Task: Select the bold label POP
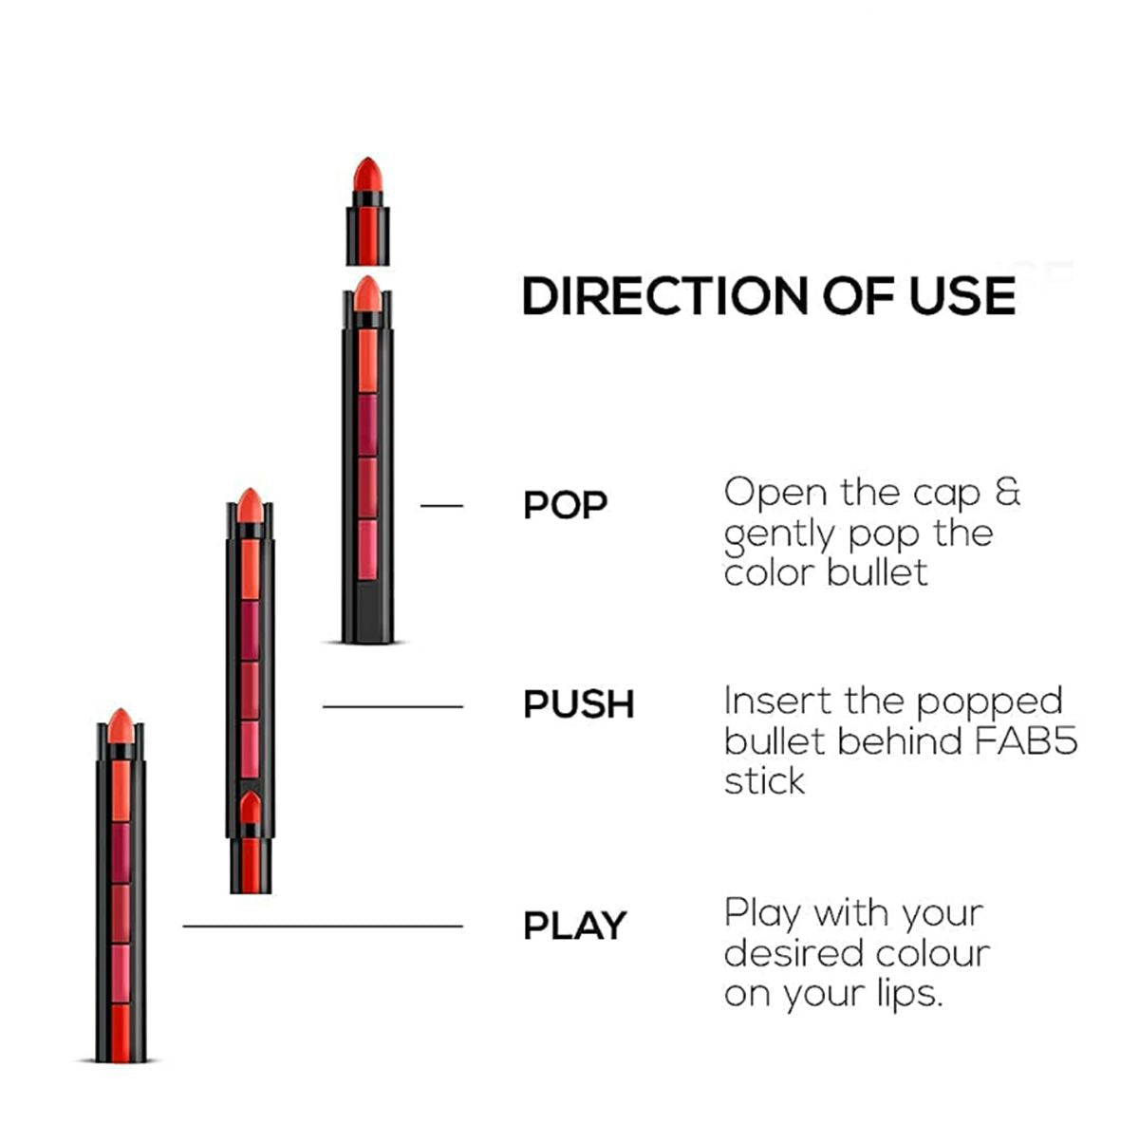[565, 505]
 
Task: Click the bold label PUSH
[579, 705]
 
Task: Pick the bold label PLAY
[575, 926]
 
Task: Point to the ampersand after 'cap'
[1007, 493]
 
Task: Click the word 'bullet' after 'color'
[880, 572]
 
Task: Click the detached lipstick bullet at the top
[367, 211]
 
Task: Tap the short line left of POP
[441, 506]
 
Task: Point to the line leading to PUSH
[392, 706]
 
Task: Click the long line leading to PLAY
[323, 926]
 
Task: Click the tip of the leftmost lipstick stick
[120, 726]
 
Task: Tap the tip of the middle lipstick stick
[249, 504]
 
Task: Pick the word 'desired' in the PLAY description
[786, 952]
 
